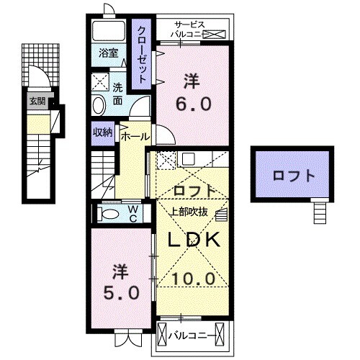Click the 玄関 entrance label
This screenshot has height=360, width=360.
tap(36, 102)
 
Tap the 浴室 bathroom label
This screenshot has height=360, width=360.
tap(108, 52)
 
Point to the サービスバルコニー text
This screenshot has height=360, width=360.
tap(191, 28)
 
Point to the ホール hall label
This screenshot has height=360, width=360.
tap(135, 136)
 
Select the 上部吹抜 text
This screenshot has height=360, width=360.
tap(190, 212)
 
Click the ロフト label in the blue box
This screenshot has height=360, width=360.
tap(293, 175)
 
